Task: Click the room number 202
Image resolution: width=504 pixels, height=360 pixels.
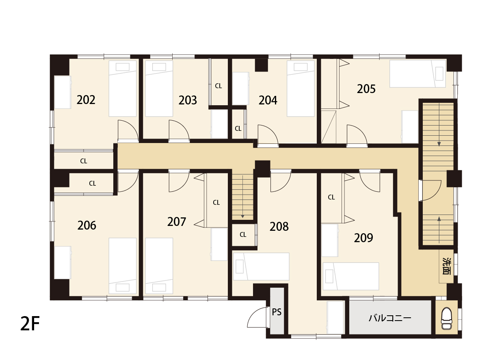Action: point(86,100)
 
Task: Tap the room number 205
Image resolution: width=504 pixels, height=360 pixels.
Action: point(366,89)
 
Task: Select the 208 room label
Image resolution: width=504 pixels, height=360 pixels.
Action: point(279,227)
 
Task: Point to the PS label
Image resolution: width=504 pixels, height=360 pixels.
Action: point(277,312)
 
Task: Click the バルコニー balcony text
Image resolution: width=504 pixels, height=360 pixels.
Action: point(390,318)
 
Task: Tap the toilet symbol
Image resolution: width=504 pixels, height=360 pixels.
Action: point(446,319)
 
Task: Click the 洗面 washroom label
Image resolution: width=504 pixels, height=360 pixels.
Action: point(446,266)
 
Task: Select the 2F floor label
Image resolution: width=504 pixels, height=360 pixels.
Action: point(30,323)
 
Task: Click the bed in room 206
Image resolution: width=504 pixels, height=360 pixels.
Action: point(123,266)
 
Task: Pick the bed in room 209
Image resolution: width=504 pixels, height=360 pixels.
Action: point(351,276)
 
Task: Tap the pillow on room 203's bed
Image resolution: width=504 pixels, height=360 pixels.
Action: point(159,67)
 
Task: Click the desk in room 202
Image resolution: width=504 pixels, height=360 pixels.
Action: point(63,92)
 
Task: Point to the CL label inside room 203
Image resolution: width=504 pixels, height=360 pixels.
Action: point(218,86)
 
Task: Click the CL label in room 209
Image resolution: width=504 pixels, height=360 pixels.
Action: point(331,197)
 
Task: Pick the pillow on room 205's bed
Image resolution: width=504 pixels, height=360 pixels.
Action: point(439,74)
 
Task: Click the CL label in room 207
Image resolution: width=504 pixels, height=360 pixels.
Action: point(216,202)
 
